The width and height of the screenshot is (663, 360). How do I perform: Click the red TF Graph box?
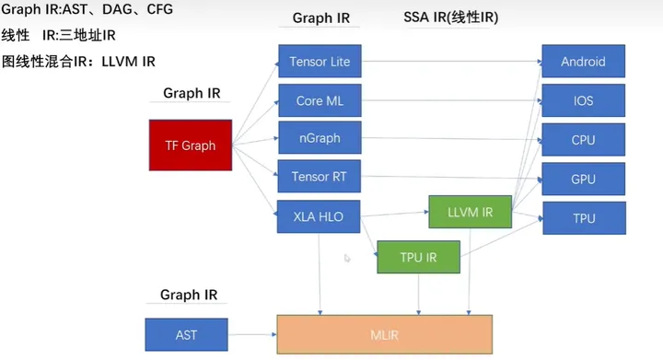[190, 145]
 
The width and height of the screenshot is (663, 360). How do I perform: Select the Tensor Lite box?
[319, 62]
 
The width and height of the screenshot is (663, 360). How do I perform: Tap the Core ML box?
[319, 100]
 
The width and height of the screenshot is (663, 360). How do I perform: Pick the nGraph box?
[319, 138]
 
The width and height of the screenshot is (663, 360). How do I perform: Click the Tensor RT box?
[319, 176]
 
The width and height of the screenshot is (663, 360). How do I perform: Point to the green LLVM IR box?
[469, 213]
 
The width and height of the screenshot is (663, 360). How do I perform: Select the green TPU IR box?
[418, 257]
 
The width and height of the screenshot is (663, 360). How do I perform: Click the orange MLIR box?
[385, 334]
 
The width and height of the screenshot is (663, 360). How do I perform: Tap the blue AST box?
[186, 334]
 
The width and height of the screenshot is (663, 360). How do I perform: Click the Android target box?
[583, 62]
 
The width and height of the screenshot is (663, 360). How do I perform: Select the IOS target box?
[583, 100]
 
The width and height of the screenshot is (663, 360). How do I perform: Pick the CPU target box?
[583, 139]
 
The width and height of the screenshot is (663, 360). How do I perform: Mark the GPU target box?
[583, 179]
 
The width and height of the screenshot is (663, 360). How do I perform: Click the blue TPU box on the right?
[583, 218]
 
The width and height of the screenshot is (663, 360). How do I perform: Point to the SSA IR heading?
[450, 17]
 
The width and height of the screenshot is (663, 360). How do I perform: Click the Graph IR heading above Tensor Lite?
[320, 18]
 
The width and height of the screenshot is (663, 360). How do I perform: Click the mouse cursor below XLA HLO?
[347, 259]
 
